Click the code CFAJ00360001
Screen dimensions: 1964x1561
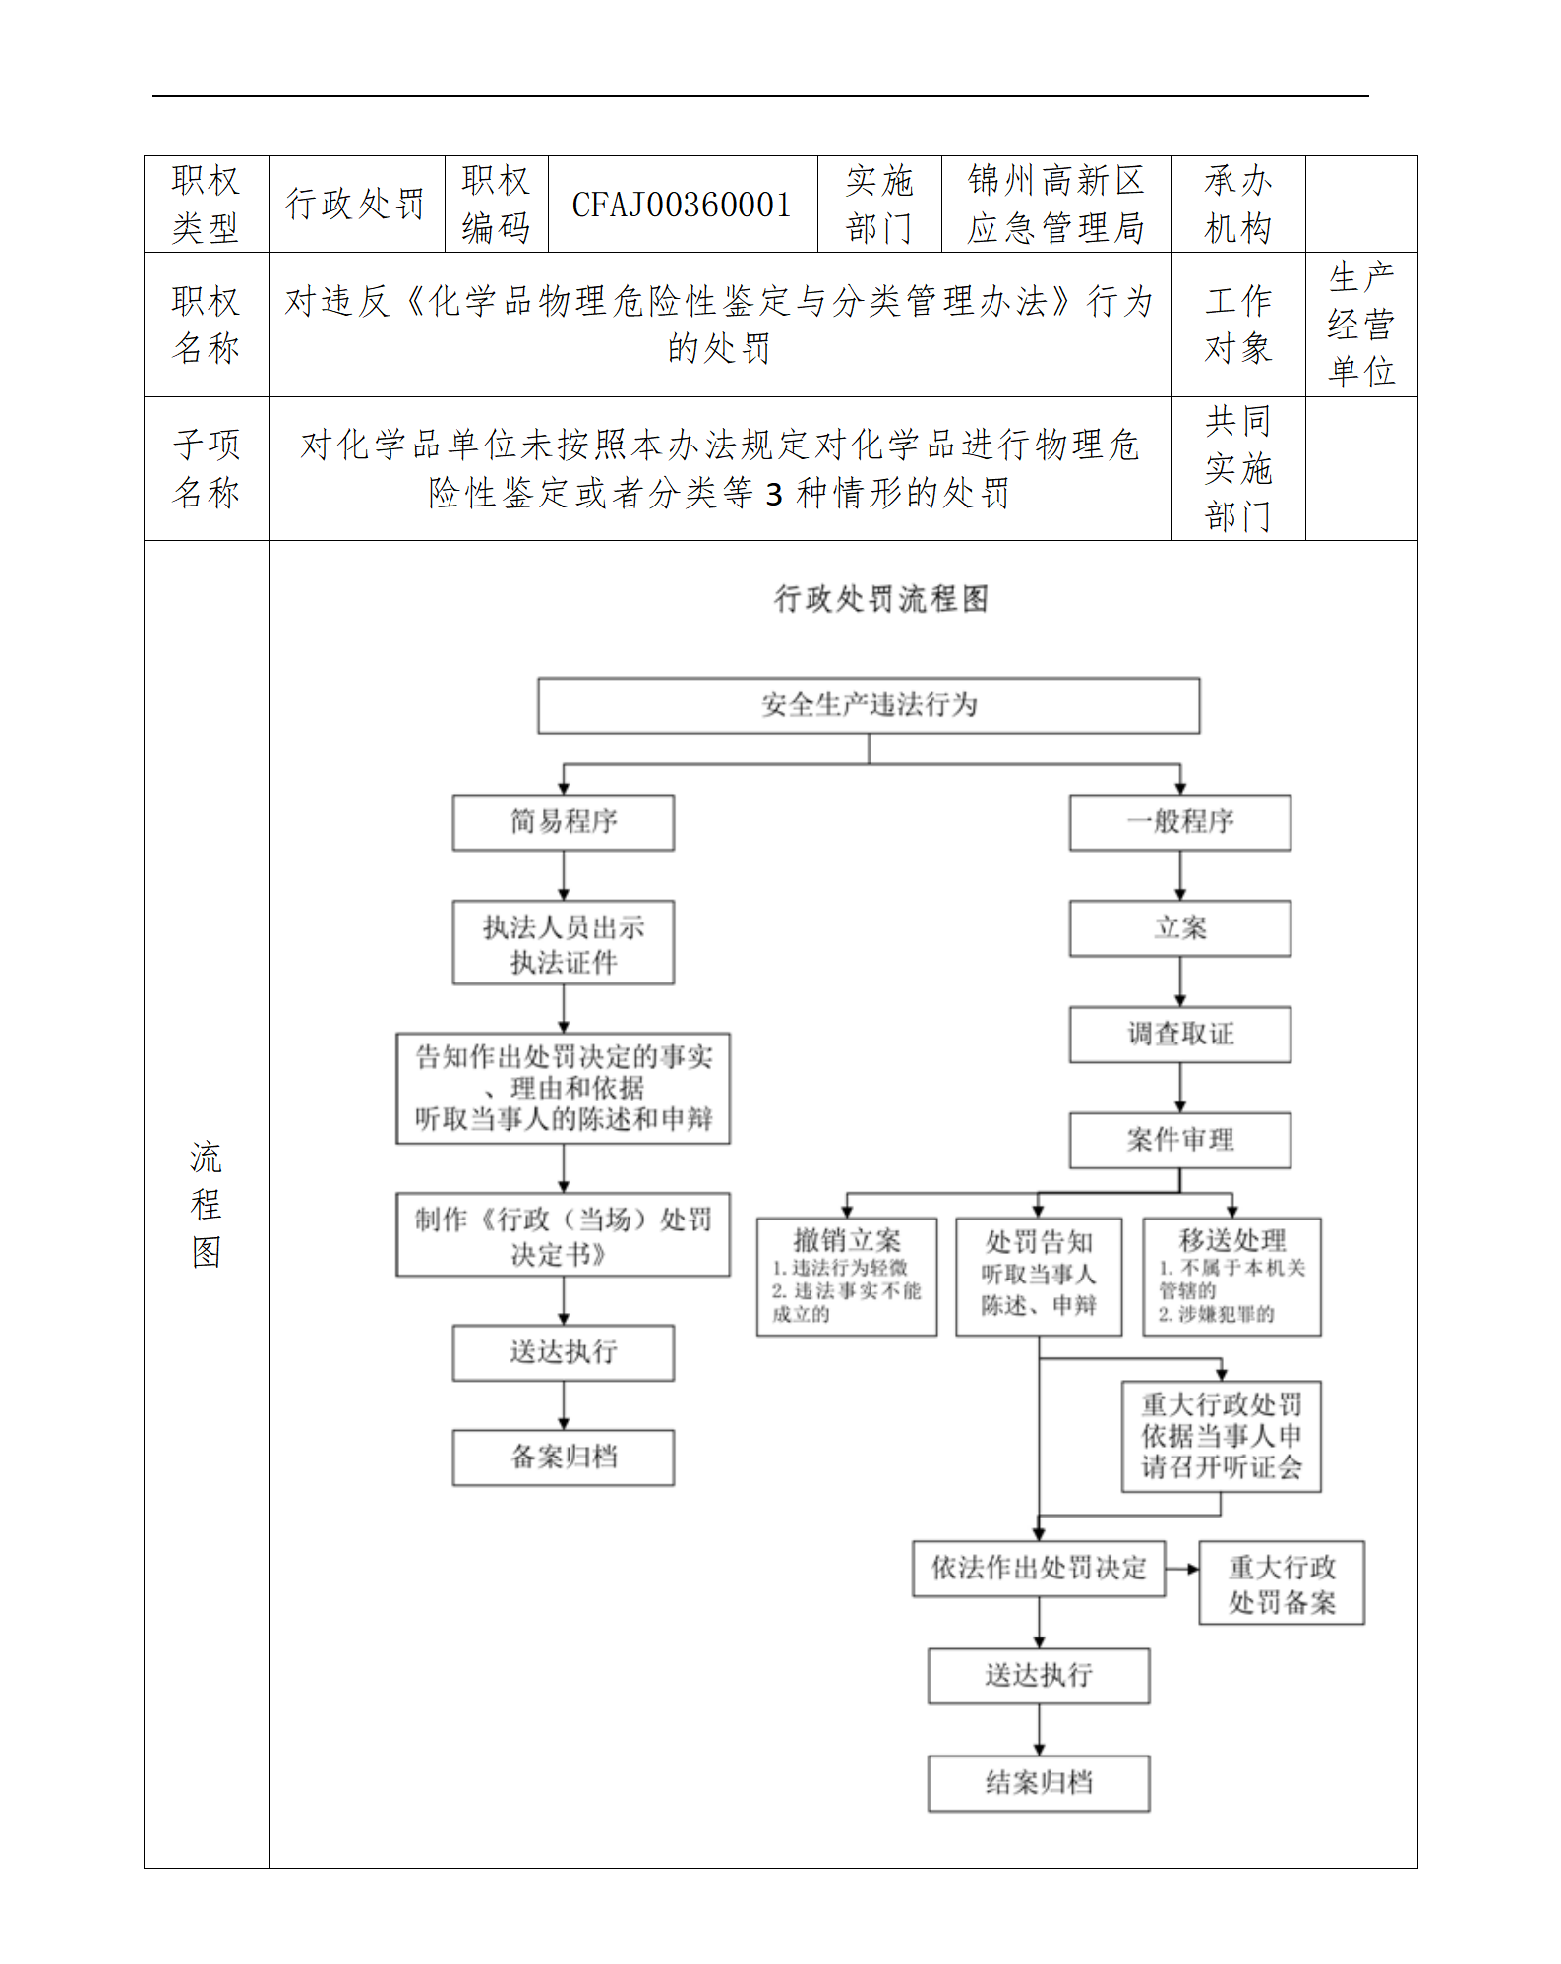[682, 205]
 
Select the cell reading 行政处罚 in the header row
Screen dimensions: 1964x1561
[355, 205]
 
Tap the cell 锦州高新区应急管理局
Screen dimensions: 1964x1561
[1055, 205]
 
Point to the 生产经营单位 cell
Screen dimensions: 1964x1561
[1360, 325]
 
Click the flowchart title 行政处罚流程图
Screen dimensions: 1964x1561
[880, 598]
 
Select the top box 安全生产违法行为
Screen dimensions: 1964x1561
[869, 705]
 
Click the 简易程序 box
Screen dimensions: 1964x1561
[563, 822]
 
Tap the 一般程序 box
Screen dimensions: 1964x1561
[1179, 822]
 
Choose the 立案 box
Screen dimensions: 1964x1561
[1179, 928]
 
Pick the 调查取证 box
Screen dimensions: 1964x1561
[1179, 1035]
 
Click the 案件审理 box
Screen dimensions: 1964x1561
[1179, 1141]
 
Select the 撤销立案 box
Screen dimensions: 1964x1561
[846, 1277]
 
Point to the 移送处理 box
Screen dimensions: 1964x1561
[1231, 1277]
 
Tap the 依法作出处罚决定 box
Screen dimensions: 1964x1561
[1039, 1569]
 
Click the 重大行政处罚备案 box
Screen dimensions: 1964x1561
[1281, 1583]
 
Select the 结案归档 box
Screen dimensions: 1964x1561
[1039, 1783]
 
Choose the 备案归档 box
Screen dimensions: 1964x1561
[563, 1458]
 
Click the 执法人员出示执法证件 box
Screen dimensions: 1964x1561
[563, 943]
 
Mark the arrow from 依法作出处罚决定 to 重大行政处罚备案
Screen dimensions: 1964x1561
[1181, 1569]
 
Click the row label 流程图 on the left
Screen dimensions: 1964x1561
[206, 1204]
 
